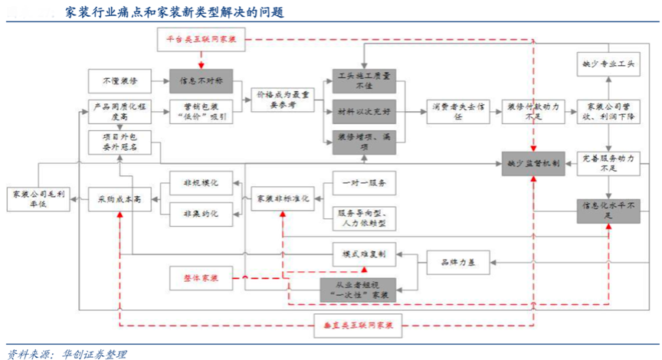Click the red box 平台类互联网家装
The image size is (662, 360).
pyautogui.click(x=202, y=39)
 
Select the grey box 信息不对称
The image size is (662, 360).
pyautogui.click(x=201, y=80)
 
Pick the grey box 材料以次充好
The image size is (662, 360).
pyautogui.click(x=363, y=112)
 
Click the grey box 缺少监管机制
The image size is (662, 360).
pyautogui.click(x=533, y=162)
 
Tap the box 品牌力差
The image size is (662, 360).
pyautogui.click(x=457, y=263)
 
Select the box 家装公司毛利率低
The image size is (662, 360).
pyautogui.click(x=38, y=198)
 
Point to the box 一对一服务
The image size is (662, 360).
pyautogui.click(x=364, y=183)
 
